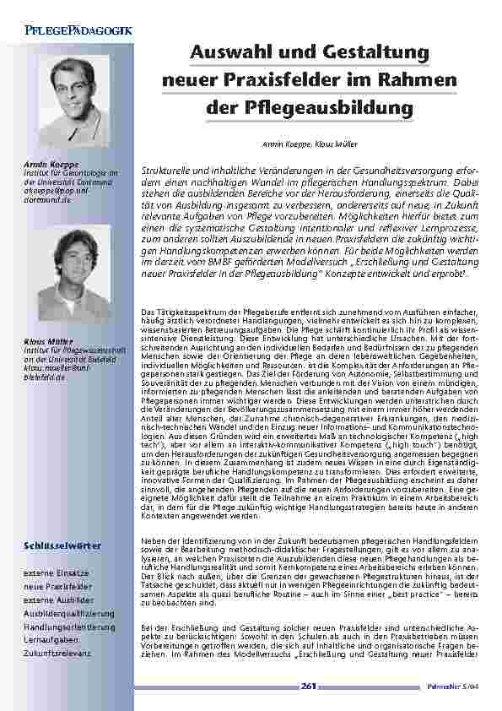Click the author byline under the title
coord(306,144)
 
